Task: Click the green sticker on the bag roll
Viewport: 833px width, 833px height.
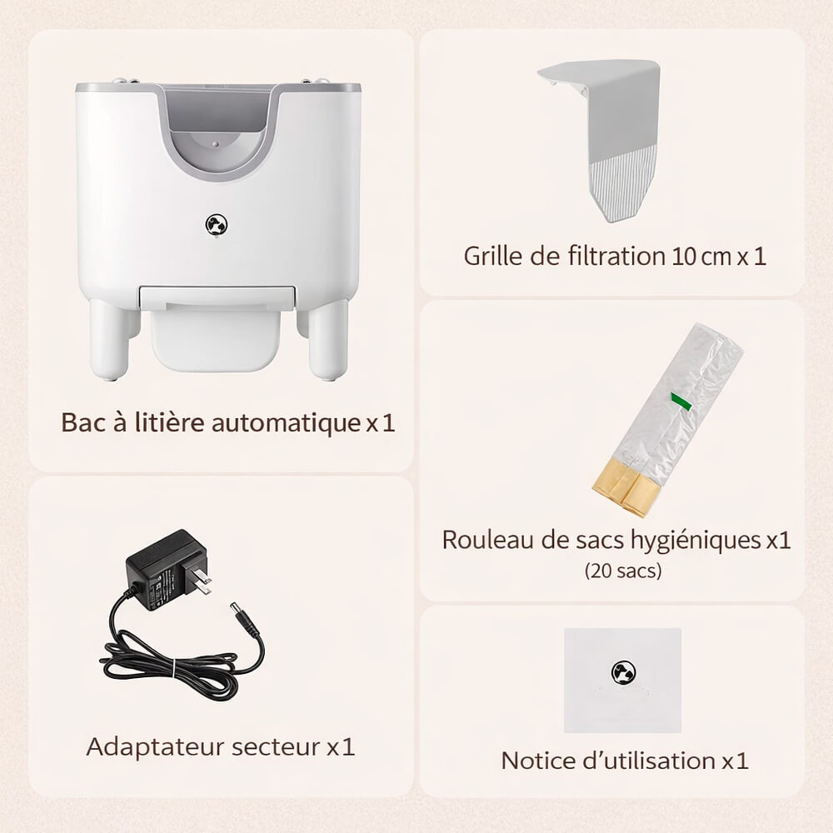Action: (x=681, y=403)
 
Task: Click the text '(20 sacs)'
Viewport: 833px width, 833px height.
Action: (x=623, y=571)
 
